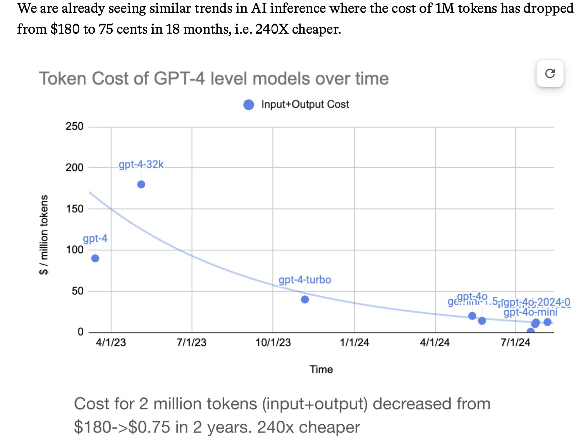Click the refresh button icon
click(x=550, y=74)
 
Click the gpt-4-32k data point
click(x=141, y=185)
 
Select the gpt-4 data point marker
click(x=95, y=258)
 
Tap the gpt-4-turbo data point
click(x=305, y=299)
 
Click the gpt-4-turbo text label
click(x=305, y=280)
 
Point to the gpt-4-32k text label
click(x=141, y=164)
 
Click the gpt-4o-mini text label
click(x=530, y=312)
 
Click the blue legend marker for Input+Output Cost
click(x=249, y=104)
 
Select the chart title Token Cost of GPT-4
click(x=213, y=79)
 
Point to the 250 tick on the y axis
click(x=74, y=127)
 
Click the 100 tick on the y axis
click(x=74, y=250)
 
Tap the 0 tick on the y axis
click(x=80, y=332)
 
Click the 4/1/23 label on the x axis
click(x=111, y=342)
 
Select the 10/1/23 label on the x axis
click(x=273, y=342)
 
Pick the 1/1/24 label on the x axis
click(x=354, y=342)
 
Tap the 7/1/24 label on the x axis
click(x=515, y=342)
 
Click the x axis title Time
click(x=321, y=369)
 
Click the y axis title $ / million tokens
click(x=44, y=234)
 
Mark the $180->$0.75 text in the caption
click(x=122, y=427)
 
